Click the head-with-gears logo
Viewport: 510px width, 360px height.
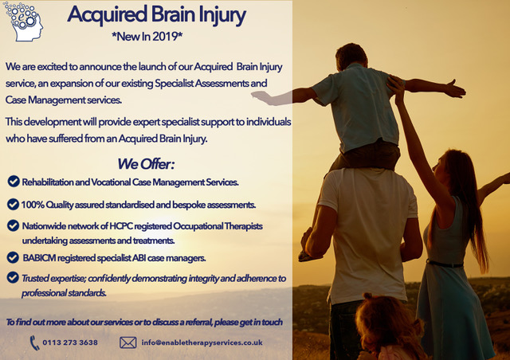23,22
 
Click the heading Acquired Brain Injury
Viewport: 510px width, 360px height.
156,15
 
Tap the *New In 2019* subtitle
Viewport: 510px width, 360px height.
147,37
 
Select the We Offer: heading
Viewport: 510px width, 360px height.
146,164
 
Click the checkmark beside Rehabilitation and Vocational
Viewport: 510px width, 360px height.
14,182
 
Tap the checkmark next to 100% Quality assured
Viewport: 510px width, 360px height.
13,204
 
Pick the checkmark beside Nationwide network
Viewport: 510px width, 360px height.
13,225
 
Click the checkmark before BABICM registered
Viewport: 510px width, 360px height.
13,257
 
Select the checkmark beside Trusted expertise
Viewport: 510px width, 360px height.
13,277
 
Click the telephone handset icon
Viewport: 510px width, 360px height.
34,342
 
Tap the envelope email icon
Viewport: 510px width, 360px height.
127,342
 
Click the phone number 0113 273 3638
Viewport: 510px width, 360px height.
70,342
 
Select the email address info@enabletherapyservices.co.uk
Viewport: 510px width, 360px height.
202,342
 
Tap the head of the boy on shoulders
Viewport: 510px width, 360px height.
351,56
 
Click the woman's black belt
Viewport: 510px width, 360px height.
445,264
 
